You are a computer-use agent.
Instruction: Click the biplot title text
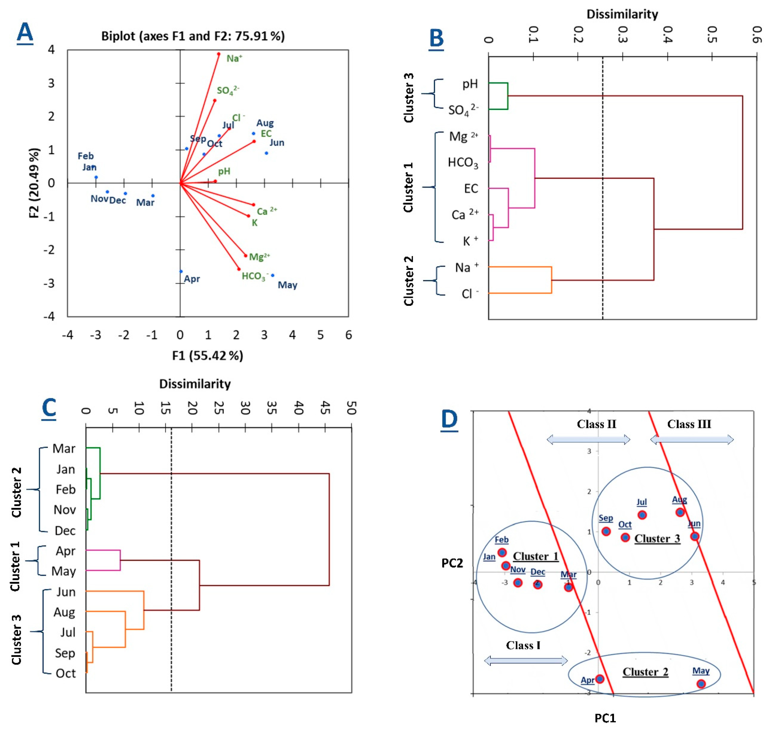click(x=193, y=36)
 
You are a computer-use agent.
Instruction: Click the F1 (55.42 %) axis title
click(x=208, y=355)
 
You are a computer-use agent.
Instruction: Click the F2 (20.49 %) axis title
click(x=35, y=183)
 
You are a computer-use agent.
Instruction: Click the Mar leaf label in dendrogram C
click(x=64, y=449)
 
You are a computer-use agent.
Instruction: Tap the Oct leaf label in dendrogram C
click(x=65, y=673)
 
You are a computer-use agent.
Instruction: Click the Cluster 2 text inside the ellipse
click(x=645, y=672)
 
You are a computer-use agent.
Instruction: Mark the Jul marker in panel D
click(x=642, y=515)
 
